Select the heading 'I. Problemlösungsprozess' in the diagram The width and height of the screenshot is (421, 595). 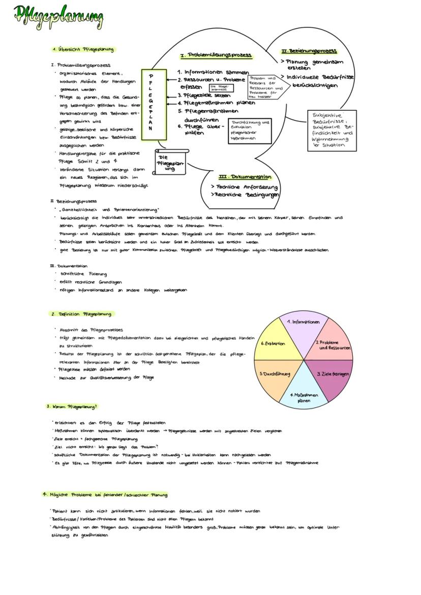[x=216, y=55]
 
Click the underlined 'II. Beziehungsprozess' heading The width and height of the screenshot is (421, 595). [x=309, y=51]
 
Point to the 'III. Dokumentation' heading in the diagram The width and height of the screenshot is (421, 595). [x=245, y=177]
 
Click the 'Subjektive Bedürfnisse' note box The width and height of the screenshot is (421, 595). [x=332, y=130]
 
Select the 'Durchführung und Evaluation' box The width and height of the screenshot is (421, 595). [x=250, y=131]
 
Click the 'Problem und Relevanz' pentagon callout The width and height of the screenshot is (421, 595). [x=264, y=87]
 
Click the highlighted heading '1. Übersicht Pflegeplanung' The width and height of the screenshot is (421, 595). [x=83, y=49]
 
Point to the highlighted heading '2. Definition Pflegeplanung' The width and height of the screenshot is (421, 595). [x=81, y=314]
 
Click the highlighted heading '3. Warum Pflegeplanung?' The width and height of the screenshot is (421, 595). [x=72, y=406]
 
